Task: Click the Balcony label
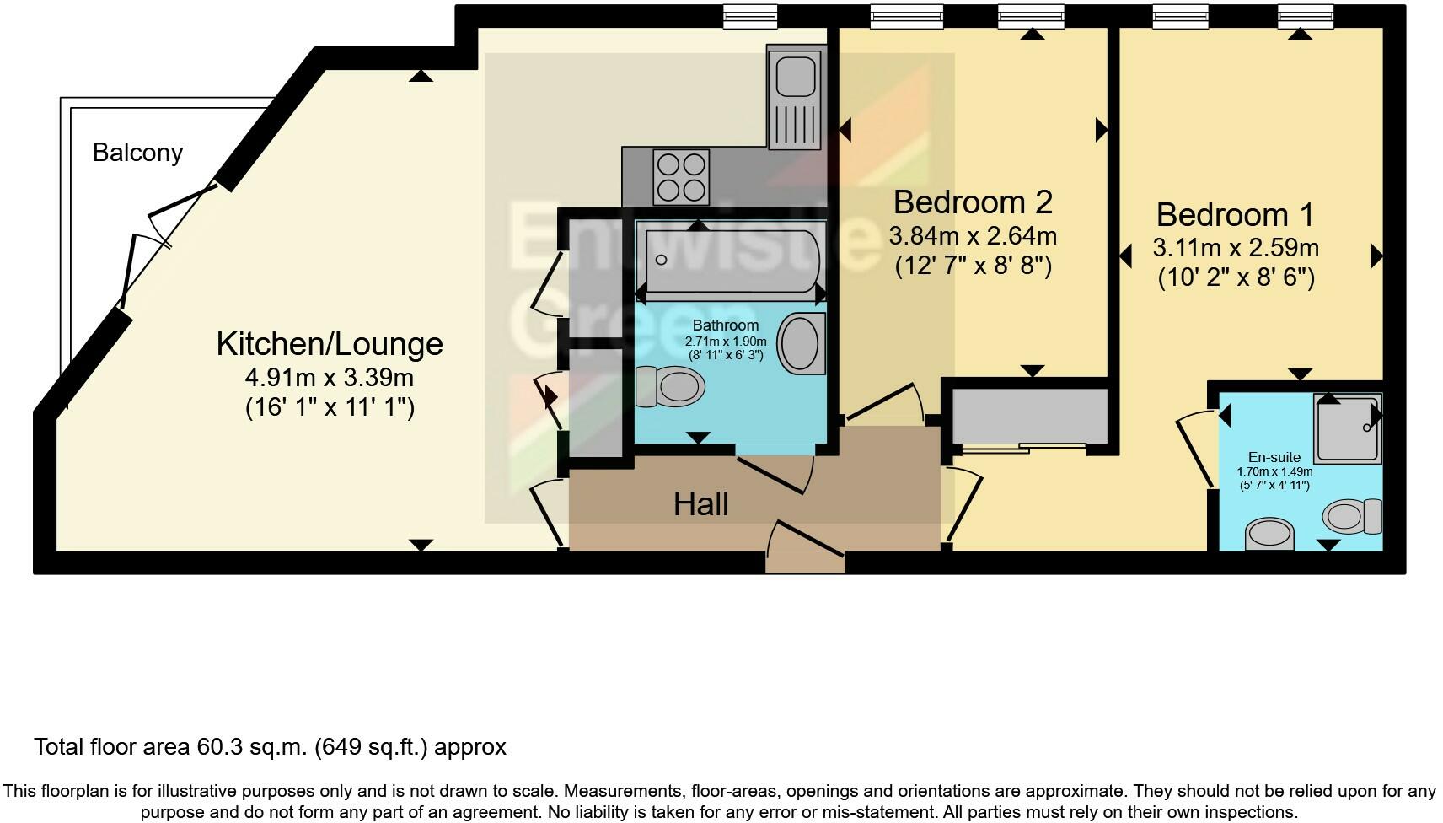[137, 153]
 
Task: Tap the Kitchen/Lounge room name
[329, 344]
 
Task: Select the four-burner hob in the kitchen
[681, 176]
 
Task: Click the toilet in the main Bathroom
[672, 387]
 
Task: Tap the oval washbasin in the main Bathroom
[800, 343]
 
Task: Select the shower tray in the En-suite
[1347, 429]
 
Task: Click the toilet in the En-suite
[1353, 515]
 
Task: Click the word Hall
[700, 504]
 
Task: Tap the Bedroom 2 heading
[973, 202]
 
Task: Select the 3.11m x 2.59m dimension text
[1236, 248]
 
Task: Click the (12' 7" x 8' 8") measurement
[973, 266]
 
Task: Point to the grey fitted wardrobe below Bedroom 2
[1028, 415]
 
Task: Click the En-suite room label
[1274, 457]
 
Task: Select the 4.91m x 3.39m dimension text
[329, 377]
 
